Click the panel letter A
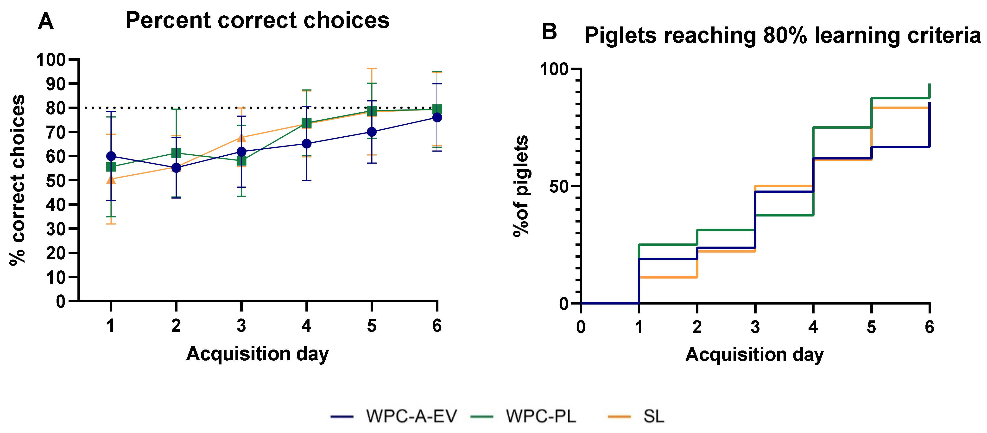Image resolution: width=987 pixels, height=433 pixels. (x=46, y=21)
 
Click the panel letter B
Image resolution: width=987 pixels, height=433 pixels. (x=549, y=32)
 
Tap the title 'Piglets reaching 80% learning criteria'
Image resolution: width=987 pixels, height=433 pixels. (x=782, y=36)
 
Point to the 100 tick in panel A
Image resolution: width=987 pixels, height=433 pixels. (x=51, y=60)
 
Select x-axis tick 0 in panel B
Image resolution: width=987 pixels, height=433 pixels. (x=581, y=327)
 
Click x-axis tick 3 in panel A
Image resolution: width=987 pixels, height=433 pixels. (x=241, y=326)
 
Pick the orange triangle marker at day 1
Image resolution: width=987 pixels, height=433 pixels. (x=111, y=179)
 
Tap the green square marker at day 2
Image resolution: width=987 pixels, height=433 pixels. (x=176, y=153)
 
